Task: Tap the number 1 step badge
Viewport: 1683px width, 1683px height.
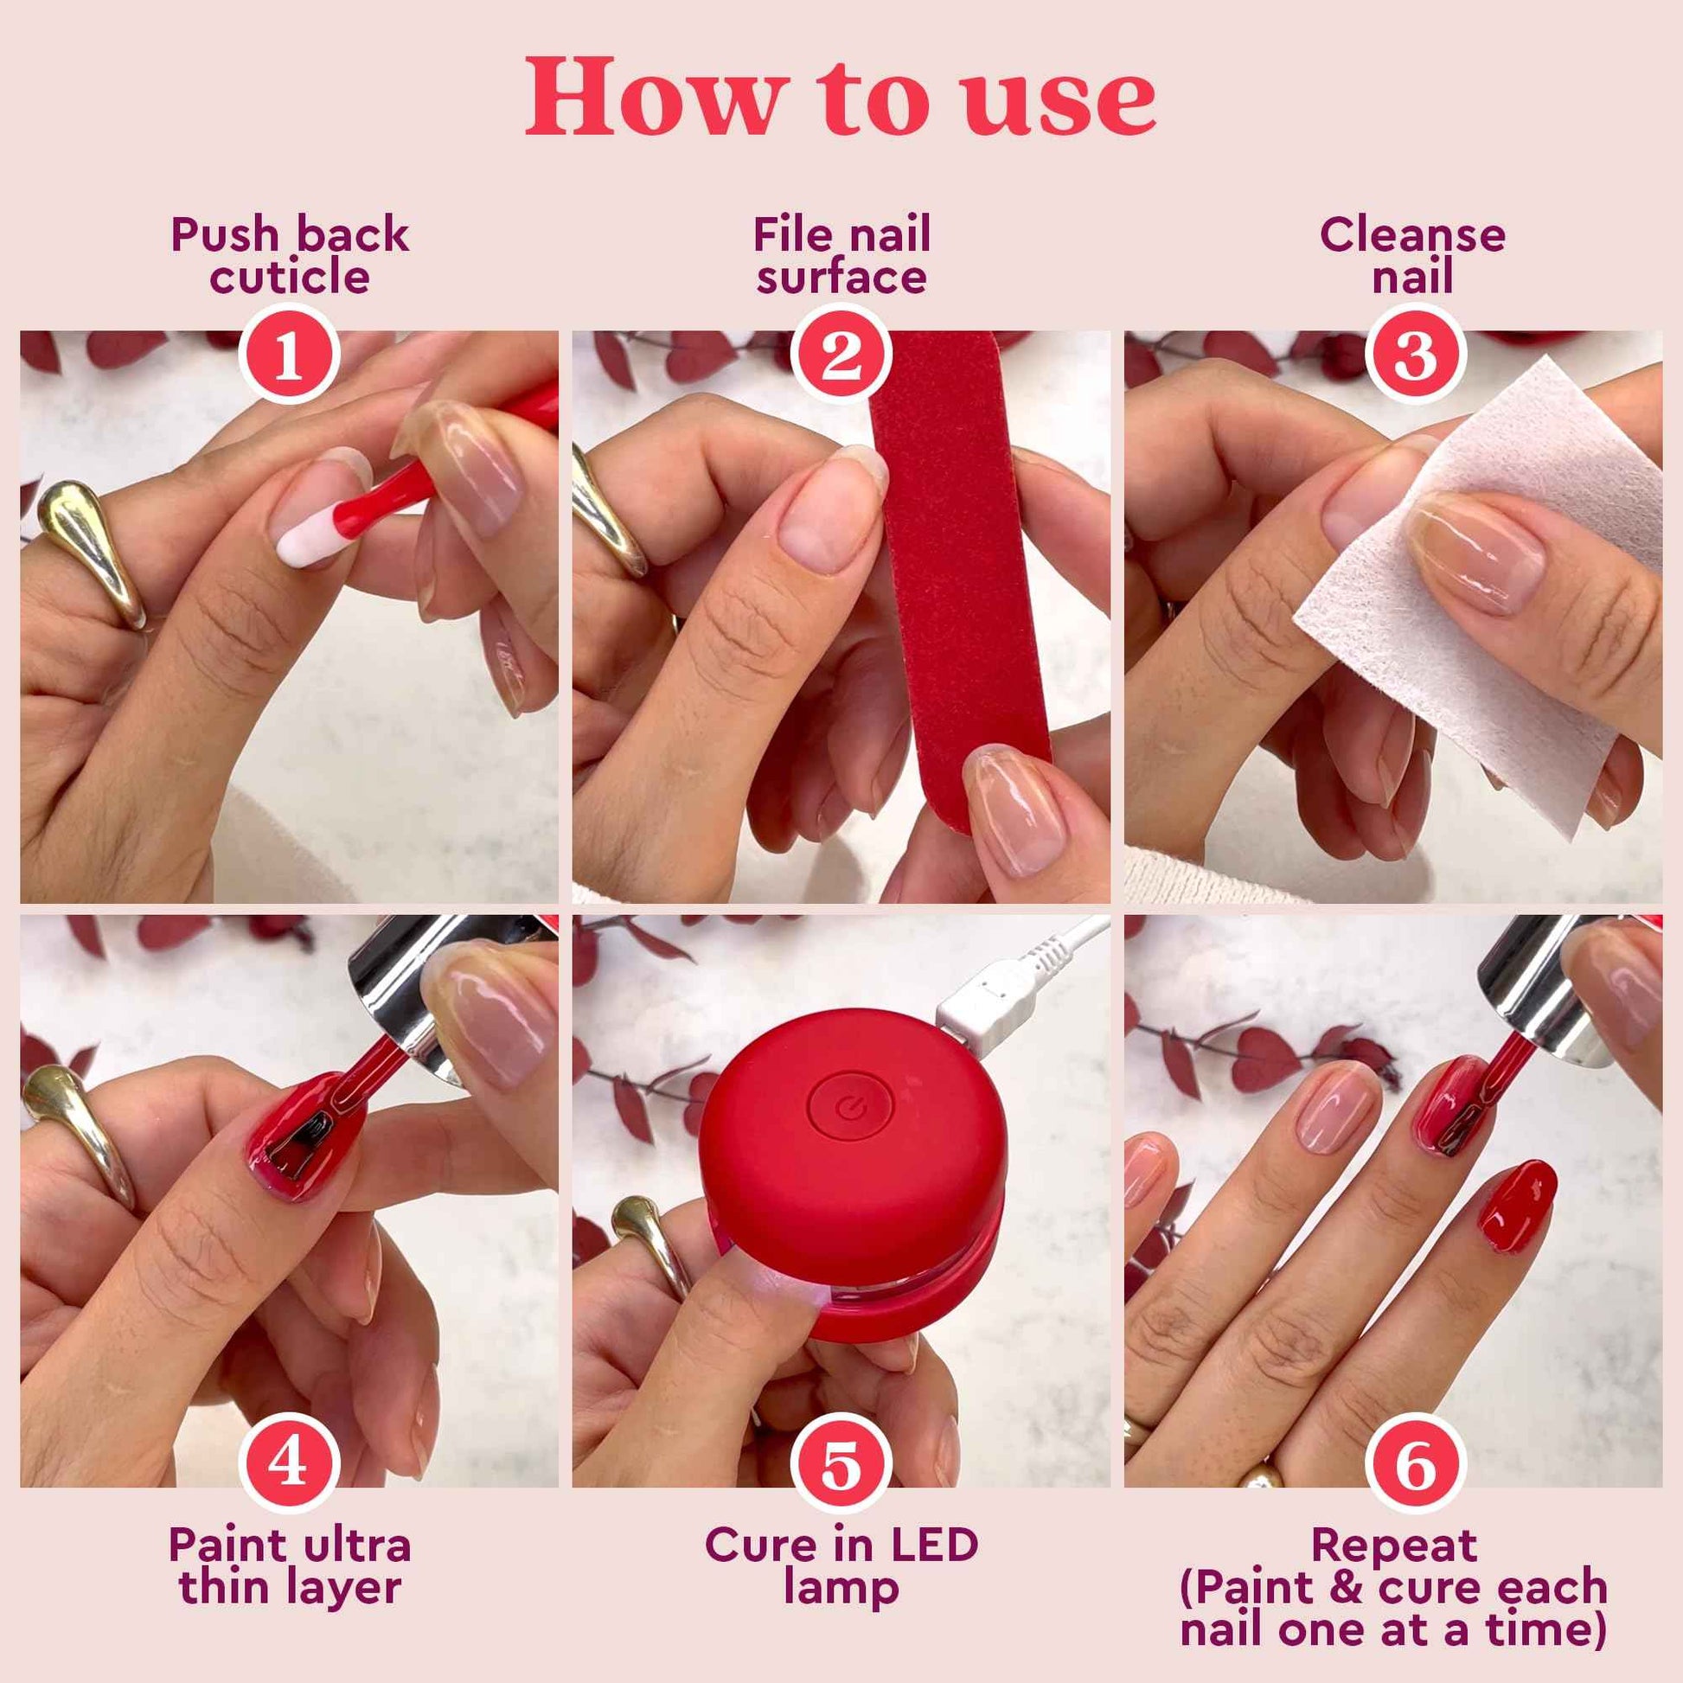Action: pos(288,355)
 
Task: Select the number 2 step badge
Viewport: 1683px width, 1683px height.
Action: pos(841,355)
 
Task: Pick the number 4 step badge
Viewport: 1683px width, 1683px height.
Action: pos(288,1465)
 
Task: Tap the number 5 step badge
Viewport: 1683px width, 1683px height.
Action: pos(841,1465)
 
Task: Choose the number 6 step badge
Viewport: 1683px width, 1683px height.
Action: pos(1416,1465)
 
